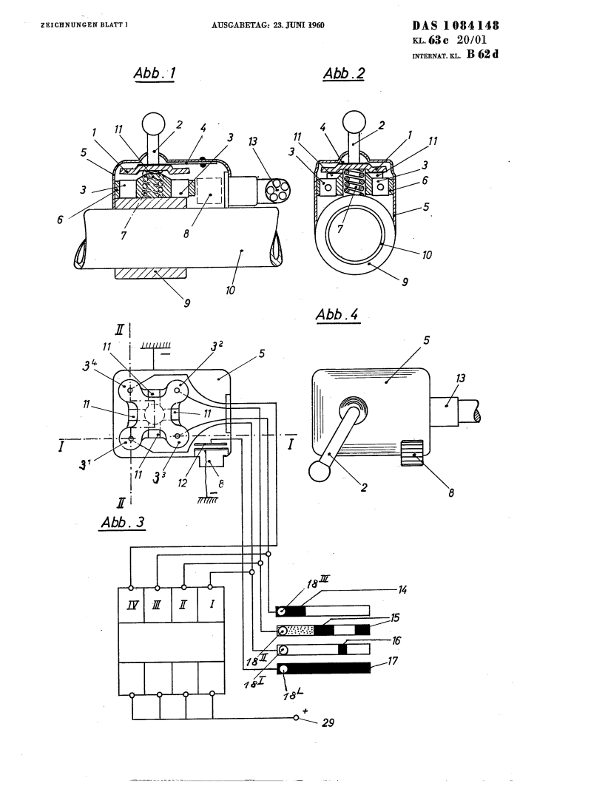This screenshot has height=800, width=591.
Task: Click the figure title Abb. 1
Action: pos(154,73)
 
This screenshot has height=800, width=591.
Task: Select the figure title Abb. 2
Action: pos(344,73)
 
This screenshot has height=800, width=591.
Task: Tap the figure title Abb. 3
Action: pos(123,522)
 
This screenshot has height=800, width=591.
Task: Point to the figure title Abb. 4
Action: pos(337,314)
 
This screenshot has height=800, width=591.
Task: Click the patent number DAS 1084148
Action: pos(455,25)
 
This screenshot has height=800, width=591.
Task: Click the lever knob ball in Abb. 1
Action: pos(153,123)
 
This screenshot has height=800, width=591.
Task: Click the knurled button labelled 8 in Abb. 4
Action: pos(413,452)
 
